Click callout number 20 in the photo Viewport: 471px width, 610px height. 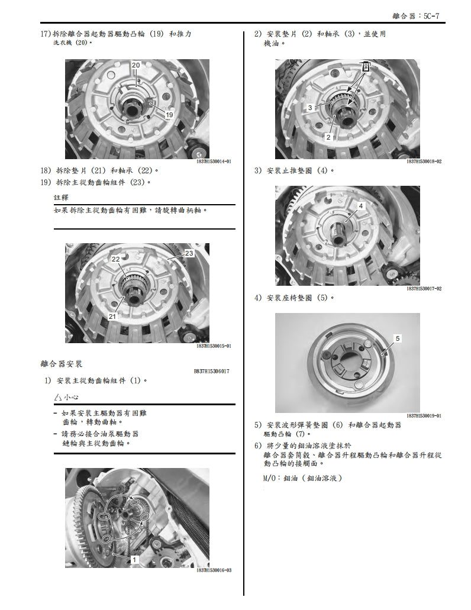(136, 64)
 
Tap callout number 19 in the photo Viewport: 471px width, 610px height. (169, 115)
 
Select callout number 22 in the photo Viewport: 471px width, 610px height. (116, 259)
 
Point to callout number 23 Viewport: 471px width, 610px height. (189, 253)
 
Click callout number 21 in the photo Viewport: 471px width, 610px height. (112, 317)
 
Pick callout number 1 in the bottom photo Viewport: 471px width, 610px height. (134, 559)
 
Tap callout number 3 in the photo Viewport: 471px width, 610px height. (310, 108)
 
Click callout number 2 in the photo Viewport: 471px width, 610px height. (328, 137)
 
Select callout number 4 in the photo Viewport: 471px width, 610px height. (360, 205)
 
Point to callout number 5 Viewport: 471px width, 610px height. (398, 338)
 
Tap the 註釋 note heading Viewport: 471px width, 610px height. (61, 197)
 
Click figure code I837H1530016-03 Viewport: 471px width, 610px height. (214, 570)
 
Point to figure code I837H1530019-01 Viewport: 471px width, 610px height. (424, 416)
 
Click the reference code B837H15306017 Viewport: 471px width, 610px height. (211, 372)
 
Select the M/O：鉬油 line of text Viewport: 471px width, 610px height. (302, 478)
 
